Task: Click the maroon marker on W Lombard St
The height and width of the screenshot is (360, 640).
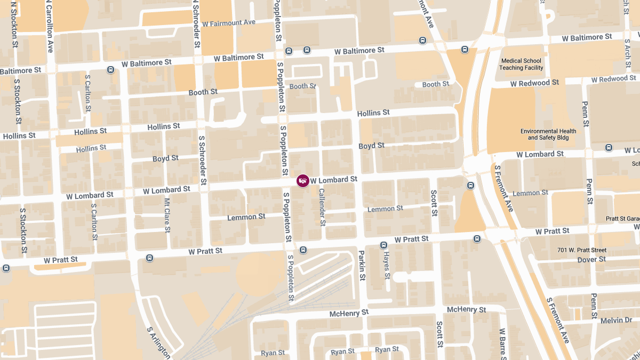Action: [303, 181]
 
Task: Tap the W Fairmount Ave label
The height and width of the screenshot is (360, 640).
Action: [229, 23]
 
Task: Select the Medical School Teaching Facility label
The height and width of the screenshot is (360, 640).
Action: [521, 65]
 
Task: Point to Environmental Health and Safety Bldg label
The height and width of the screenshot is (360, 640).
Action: [548, 134]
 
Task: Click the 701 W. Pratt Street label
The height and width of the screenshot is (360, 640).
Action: [582, 250]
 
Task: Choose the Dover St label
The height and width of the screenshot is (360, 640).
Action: [591, 260]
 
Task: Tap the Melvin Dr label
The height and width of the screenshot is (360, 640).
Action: [616, 320]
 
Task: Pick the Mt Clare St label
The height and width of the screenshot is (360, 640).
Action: [167, 216]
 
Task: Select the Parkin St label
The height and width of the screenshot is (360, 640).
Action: [362, 266]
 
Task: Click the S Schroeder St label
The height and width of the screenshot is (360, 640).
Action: [202, 159]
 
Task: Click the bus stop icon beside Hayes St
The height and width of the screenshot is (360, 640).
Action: [383, 245]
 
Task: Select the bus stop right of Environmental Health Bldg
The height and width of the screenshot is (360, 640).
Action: [609, 147]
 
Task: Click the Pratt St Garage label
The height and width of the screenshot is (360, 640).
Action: [622, 219]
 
